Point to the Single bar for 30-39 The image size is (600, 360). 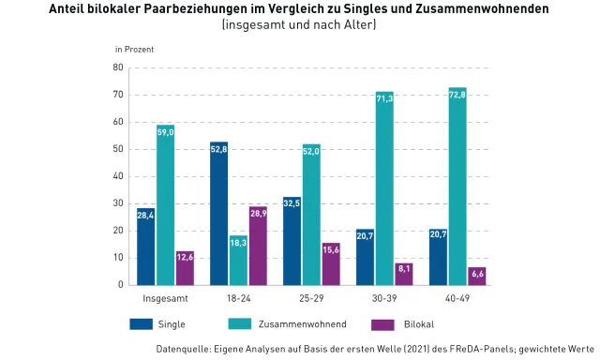point(365,256)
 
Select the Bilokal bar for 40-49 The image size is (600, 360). point(477,276)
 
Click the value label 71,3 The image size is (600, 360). point(384,98)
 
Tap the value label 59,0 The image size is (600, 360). point(166,132)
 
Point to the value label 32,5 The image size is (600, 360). point(292,202)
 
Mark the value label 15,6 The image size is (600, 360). point(331,248)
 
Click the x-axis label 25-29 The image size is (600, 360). point(311,298)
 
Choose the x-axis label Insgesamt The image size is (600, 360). point(165,298)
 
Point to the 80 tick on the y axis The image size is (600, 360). point(118,67)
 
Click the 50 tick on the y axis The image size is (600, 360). point(118,149)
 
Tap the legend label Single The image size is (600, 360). point(172,324)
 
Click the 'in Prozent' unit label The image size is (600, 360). point(134,48)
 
